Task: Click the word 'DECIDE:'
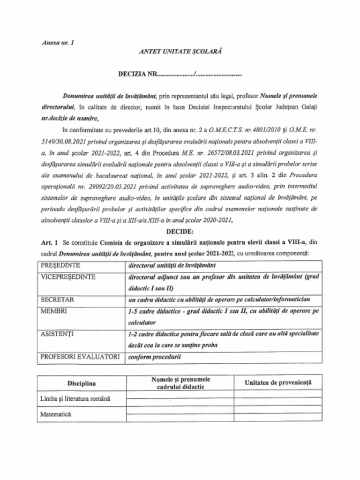pyautogui.click(x=180, y=231)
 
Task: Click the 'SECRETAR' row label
pyautogui.click(x=56, y=299)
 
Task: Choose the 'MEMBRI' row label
pyautogui.click(x=53, y=311)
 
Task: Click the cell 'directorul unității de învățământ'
pyautogui.click(x=169, y=265)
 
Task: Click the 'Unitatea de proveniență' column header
pyautogui.click(x=277, y=383)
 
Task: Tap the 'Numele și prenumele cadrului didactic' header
pyautogui.click(x=180, y=383)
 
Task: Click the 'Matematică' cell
pyautogui.click(x=56, y=415)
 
